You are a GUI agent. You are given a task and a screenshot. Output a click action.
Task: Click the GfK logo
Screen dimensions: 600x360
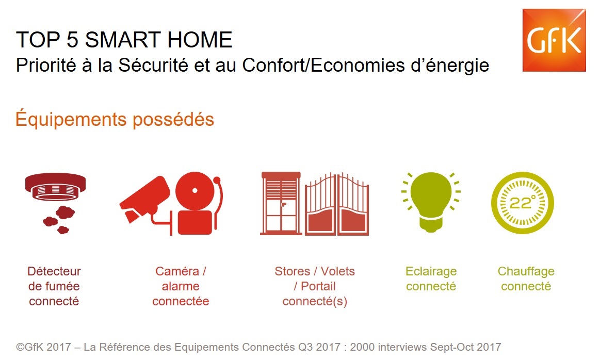[x=554, y=40]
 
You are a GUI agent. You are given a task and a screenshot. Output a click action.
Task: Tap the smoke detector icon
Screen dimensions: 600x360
[x=56, y=203]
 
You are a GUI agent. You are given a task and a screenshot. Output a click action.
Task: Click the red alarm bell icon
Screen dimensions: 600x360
[x=197, y=203]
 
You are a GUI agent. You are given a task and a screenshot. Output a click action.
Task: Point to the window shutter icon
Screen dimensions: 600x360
[x=281, y=203]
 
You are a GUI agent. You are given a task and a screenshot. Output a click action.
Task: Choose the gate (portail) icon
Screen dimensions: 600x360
[x=337, y=204]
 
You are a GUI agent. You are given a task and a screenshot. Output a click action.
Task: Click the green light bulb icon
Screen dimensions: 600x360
[x=431, y=202]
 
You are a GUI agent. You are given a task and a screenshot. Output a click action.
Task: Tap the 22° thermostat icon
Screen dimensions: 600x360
[x=522, y=203]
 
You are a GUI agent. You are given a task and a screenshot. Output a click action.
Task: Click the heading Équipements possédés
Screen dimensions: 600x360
[x=115, y=119]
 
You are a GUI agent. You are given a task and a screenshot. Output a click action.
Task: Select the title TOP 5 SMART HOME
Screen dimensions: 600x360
[x=124, y=40]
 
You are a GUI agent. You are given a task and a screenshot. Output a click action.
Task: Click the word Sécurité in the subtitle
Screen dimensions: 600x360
[x=153, y=65]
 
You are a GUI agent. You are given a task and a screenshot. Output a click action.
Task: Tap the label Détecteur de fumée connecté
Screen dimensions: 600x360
[x=54, y=286]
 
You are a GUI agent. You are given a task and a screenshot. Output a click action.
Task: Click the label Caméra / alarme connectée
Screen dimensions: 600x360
[x=181, y=286]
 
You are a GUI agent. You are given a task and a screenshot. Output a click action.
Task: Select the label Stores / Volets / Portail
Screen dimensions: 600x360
[x=315, y=279]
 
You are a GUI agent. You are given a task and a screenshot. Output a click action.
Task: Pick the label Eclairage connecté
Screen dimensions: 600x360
[x=431, y=279]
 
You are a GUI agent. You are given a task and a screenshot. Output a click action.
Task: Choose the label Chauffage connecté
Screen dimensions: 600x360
[x=526, y=279]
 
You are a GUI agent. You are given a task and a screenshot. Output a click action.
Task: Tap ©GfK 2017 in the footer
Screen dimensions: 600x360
[x=44, y=347]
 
